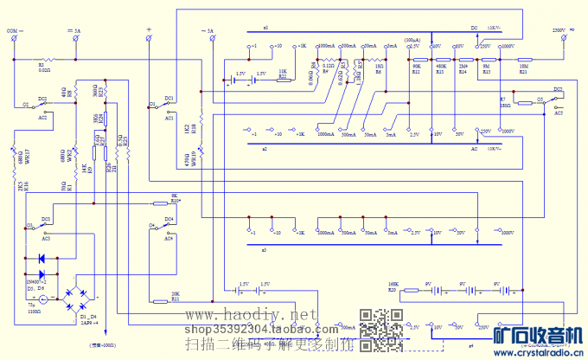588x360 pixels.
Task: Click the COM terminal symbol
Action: [14, 39]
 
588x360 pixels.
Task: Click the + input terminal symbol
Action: [150, 39]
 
